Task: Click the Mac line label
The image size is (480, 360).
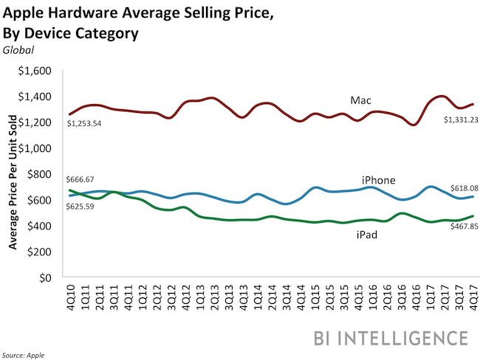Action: (360, 100)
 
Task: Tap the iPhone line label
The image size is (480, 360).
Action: (377, 181)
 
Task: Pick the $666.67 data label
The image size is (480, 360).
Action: (83, 179)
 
